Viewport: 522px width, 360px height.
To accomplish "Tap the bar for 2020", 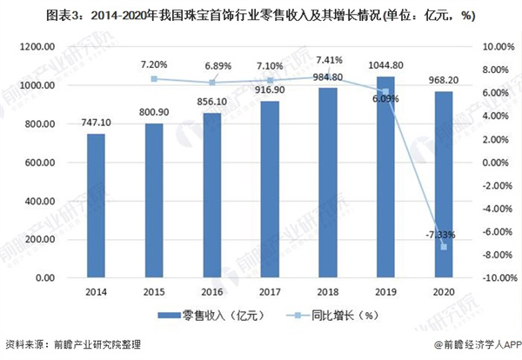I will (444, 184).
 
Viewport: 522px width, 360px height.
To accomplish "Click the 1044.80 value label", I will (385, 65).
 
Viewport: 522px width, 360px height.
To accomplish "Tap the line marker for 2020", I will (444, 247).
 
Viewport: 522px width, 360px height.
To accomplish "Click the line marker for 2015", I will (153, 79).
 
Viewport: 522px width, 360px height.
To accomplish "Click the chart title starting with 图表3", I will (261, 15).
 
